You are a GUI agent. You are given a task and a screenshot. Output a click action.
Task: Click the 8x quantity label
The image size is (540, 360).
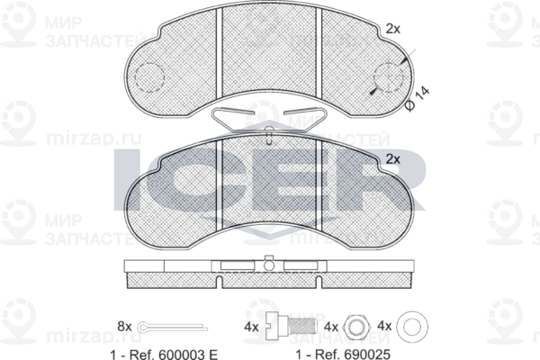pyautogui.click(x=124, y=325)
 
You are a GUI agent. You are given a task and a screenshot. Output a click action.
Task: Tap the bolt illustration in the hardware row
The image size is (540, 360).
pyautogui.click(x=291, y=326)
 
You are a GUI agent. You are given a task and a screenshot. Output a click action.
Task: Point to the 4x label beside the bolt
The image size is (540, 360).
pyautogui.click(x=253, y=325)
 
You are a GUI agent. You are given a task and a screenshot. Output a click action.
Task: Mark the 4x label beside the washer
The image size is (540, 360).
pyautogui.click(x=385, y=325)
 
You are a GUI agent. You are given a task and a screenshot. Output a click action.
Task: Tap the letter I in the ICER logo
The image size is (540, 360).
pyautogui.click(x=128, y=180)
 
